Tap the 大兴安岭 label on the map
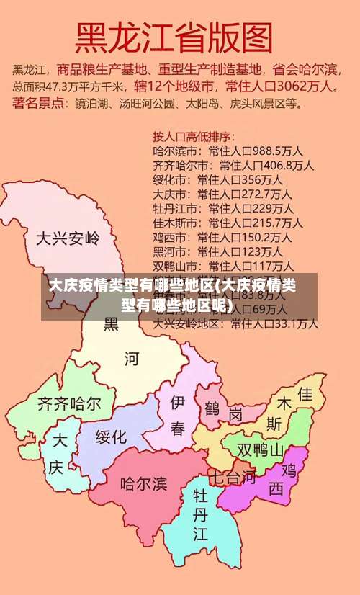pos(68,237)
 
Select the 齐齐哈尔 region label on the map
pos(69,403)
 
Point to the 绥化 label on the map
pos(111,437)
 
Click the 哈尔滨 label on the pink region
pos(143,482)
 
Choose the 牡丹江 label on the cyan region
pos(200,515)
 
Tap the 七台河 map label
pos(232,476)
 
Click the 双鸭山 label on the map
pos(261,450)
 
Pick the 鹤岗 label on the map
pos(223,412)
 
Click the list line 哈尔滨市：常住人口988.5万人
pos(228,151)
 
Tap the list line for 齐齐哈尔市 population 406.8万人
pos(233,165)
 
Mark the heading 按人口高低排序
pos(194,135)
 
